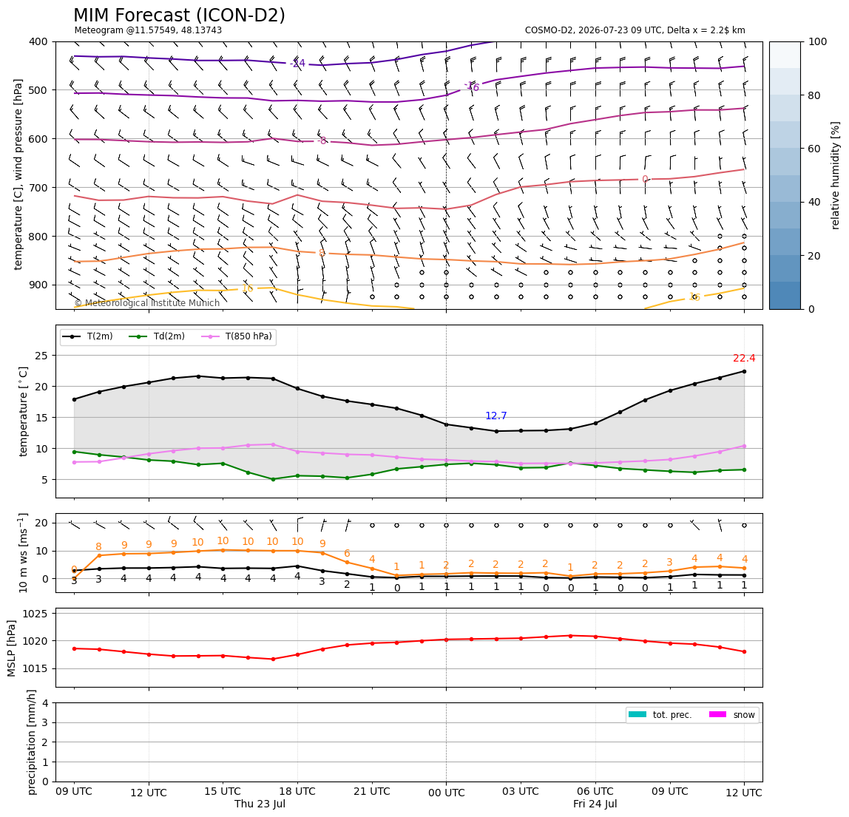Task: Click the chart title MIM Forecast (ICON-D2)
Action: (179, 16)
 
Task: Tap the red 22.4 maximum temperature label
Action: (744, 359)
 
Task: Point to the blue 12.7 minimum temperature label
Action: (496, 416)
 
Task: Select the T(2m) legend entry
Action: (87, 336)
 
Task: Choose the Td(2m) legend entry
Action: (157, 336)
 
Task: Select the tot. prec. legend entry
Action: (660, 715)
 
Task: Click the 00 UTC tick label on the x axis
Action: (446, 793)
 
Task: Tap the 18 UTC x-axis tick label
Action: (297, 791)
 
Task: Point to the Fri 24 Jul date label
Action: (595, 804)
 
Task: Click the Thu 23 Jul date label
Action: (260, 804)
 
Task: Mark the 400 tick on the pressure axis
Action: (39, 41)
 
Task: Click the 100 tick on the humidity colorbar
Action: (818, 41)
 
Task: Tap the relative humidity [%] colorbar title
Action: (836, 175)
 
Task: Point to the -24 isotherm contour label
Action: (297, 64)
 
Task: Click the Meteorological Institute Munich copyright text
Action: (146, 302)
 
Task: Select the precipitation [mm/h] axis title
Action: (32, 742)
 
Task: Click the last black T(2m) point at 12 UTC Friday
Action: (744, 371)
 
